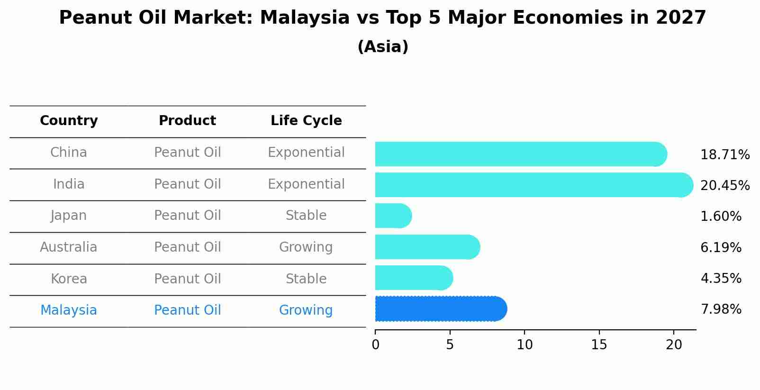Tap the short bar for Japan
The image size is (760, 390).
click(x=392, y=216)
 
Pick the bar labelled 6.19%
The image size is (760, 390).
click(x=426, y=247)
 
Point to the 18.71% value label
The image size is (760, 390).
click(x=724, y=155)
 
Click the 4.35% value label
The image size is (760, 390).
click(x=721, y=278)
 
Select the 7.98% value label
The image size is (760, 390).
click(x=721, y=309)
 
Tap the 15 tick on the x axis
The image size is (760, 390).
click(x=599, y=345)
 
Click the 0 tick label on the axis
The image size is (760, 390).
click(x=375, y=345)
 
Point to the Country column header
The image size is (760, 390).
click(x=69, y=121)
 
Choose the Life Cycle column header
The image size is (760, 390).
click(x=306, y=121)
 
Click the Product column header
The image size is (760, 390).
click(x=187, y=121)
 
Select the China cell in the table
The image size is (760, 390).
click(x=69, y=153)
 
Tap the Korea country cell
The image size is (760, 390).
click(x=69, y=279)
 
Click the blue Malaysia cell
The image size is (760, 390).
click(x=69, y=310)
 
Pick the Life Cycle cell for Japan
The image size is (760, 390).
click(x=306, y=216)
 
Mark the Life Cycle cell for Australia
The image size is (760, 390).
click(x=306, y=247)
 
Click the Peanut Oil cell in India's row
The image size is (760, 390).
click(x=187, y=184)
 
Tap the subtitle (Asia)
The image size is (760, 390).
click(x=383, y=47)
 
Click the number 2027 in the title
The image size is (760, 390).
click(x=681, y=18)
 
